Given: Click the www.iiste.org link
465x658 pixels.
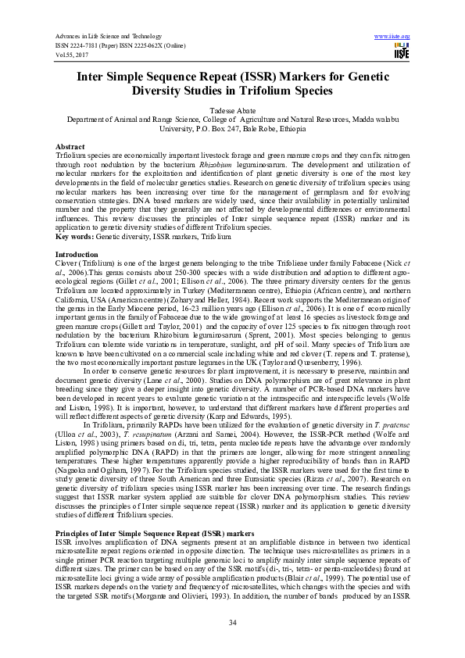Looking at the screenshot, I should [392, 37].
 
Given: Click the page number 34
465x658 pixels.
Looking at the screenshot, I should [232, 621].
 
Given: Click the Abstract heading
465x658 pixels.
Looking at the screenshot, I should [70, 147].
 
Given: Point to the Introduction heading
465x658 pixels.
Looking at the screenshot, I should [76, 256].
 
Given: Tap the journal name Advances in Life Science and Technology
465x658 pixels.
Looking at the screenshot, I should [108, 37].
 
